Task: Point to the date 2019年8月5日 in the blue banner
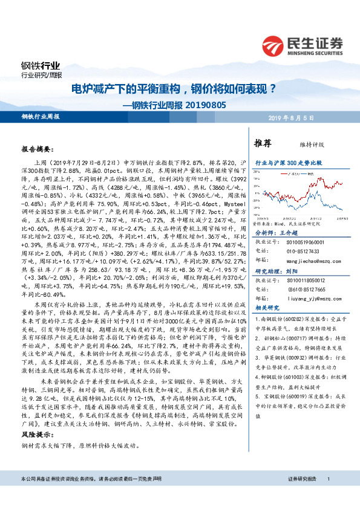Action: [316, 117]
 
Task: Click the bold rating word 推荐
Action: [262, 143]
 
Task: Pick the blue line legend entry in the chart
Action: [309, 173]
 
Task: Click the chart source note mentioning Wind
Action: [285, 222]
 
